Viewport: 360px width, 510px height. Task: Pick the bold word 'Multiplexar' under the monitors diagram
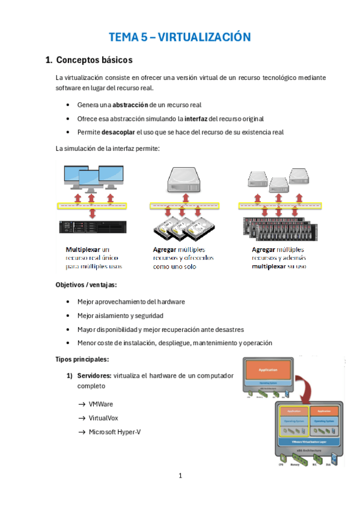tap(83, 248)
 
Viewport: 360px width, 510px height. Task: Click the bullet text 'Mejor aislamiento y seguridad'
tap(120, 315)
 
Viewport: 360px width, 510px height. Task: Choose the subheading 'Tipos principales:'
tap(82, 360)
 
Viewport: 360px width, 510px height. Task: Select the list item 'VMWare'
tap(100, 404)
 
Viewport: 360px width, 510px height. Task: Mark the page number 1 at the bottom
tap(180, 476)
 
